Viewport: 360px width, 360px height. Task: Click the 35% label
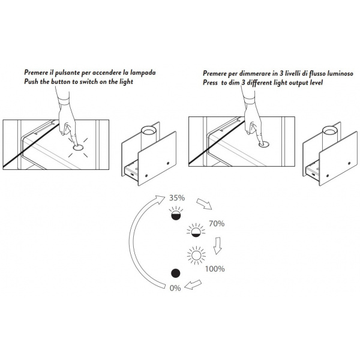177,197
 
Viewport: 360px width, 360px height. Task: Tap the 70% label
217,223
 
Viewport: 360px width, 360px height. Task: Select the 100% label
215,269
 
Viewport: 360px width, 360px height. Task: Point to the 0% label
175,288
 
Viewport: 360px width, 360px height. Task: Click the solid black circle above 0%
176,273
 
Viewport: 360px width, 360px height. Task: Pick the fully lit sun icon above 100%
196,255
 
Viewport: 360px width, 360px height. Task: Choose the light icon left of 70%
196,230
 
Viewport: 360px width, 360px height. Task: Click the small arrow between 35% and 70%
204,204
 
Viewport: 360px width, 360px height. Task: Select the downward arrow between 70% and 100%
217,245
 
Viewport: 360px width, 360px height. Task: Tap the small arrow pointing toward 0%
193,284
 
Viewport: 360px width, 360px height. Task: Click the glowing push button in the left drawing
78,148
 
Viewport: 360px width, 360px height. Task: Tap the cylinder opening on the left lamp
149,131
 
